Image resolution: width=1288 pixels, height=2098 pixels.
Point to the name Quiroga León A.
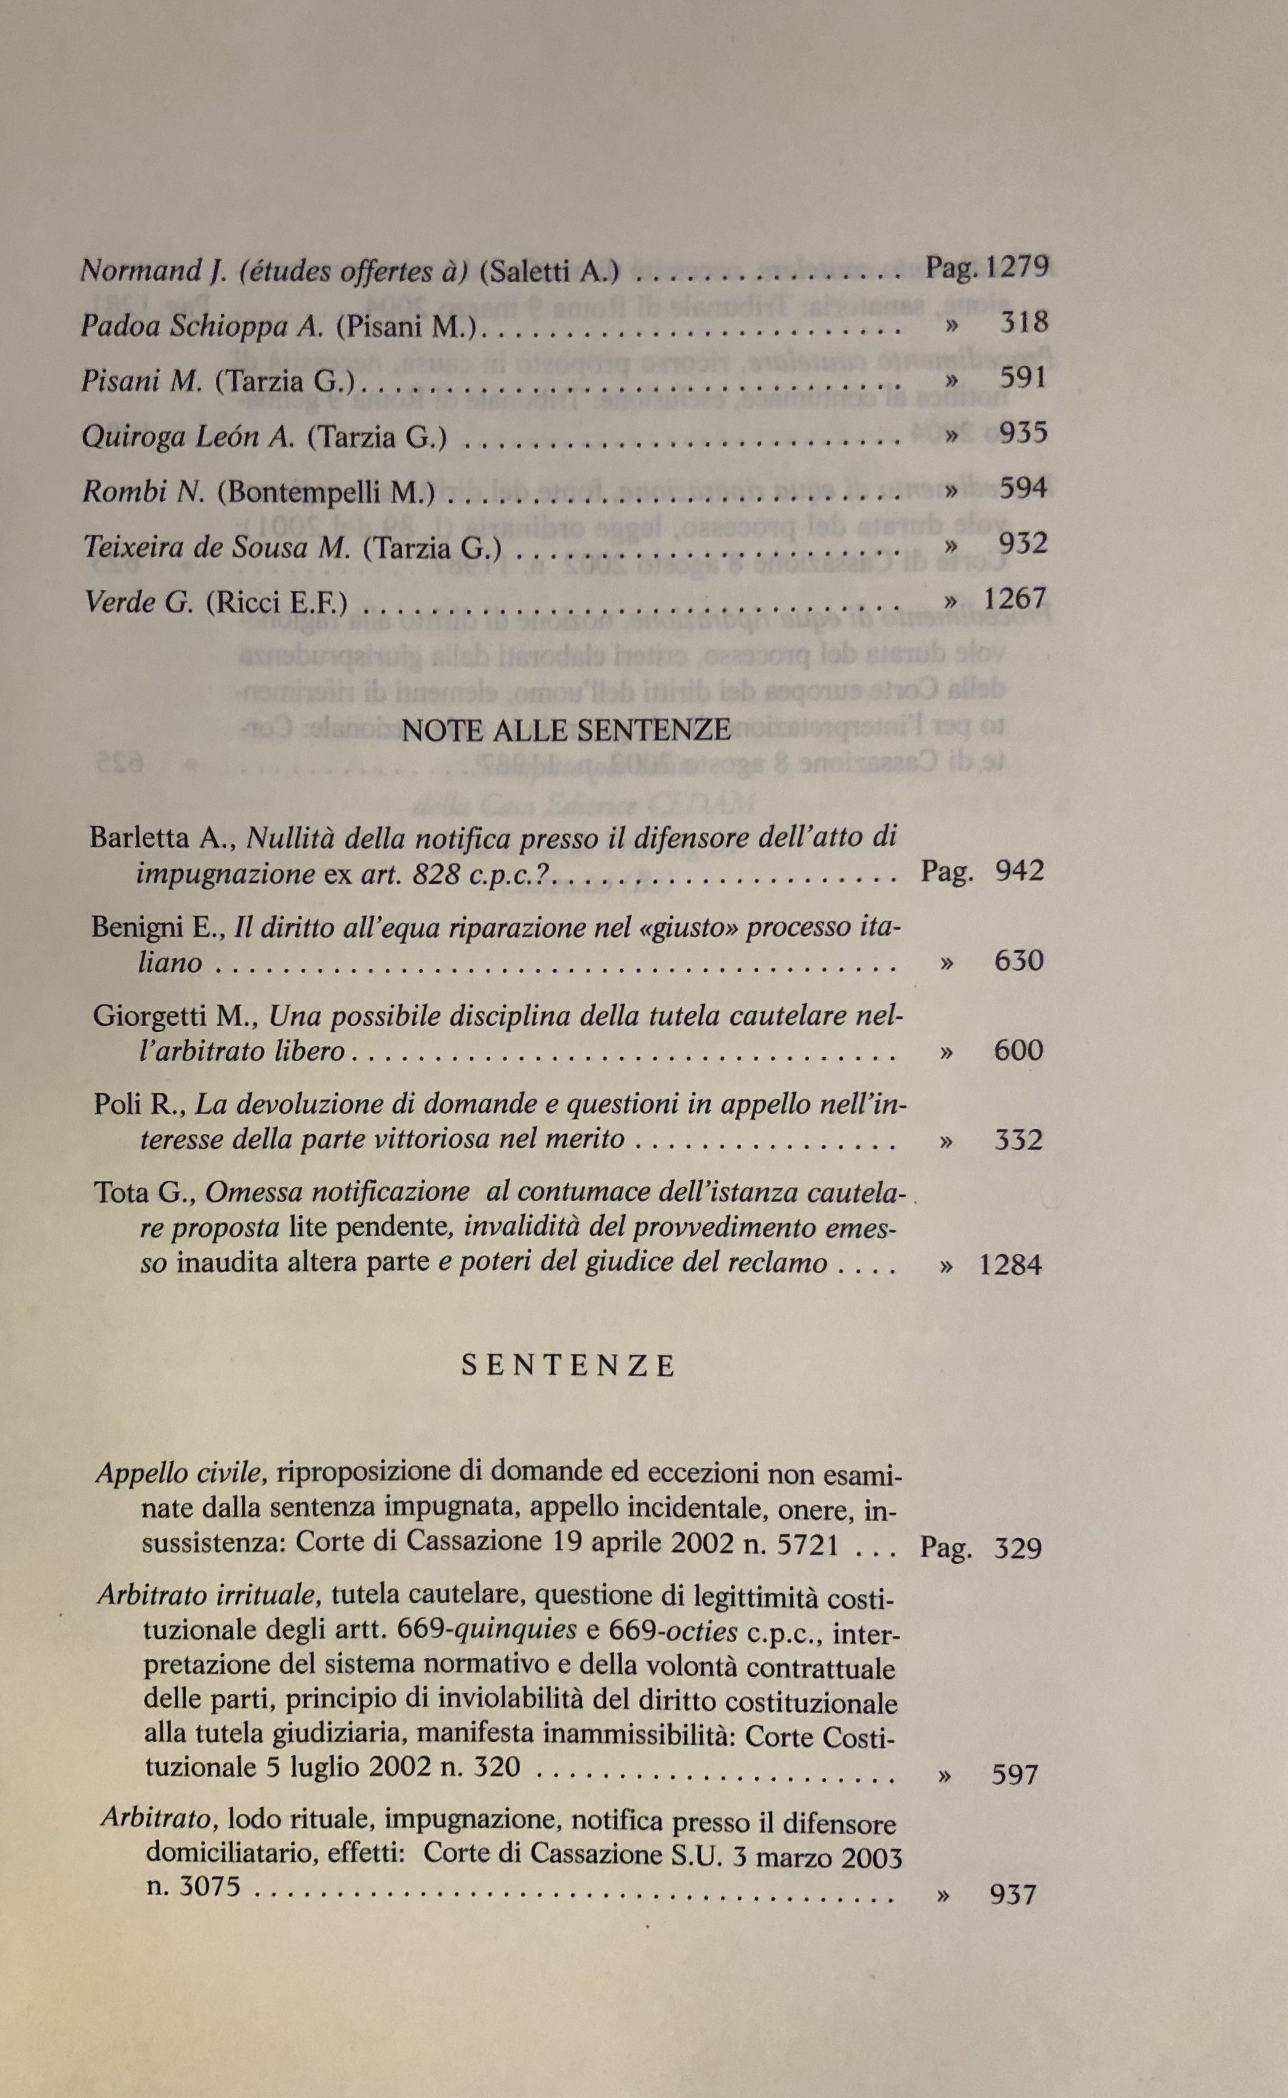point(187,437)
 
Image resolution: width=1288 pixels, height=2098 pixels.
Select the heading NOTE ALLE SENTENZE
point(566,730)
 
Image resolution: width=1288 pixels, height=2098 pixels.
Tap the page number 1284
point(1010,1264)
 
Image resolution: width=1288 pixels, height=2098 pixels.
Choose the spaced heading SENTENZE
point(568,1366)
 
